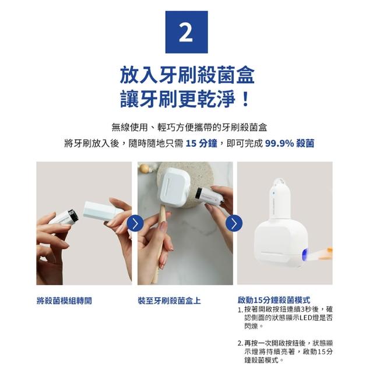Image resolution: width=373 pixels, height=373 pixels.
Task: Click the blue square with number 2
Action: tap(186, 32)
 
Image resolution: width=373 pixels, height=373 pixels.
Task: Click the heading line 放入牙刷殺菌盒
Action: tap(187, 75)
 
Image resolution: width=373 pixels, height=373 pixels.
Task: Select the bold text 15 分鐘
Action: tap(201, 143)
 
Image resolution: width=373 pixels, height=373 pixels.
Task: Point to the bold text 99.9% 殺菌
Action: tap(290, 143)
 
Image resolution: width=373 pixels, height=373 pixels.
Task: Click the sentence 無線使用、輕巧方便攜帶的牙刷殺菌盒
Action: tap(189, 128)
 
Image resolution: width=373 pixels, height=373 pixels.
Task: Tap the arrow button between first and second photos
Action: tap(135, 223)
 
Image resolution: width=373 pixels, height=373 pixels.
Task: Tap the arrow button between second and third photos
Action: tap(234, 223)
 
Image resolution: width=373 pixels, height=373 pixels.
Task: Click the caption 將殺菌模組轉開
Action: tap(64, 301)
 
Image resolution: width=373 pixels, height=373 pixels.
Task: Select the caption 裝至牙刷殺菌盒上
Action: tap(169, 301)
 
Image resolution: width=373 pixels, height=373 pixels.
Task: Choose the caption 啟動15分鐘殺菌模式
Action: tap(274, 300)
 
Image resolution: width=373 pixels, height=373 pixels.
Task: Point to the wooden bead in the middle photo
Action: tap(145, 169)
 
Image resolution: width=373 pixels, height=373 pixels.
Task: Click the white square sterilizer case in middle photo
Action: tap(175, 186)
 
